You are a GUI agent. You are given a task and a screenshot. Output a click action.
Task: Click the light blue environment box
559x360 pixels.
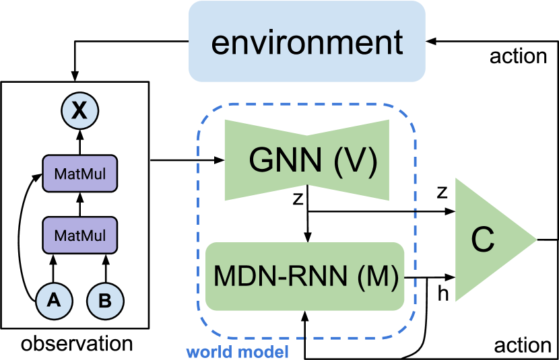pyautogui.click(x=306, y=42)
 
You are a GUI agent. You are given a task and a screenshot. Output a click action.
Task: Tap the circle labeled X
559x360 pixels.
pyautogui.click(x=79, y=110)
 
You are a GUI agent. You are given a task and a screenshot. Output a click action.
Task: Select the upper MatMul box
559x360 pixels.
pyautogui.click(x=79, y=175)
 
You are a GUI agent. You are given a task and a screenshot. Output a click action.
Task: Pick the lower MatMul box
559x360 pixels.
pyautogui.click(x=79, y=236)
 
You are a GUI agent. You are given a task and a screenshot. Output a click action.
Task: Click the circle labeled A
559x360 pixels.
pyautogui.click(x=54, y=300)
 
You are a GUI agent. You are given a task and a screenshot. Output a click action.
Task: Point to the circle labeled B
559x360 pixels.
pyautogui.click(x=105, y=301)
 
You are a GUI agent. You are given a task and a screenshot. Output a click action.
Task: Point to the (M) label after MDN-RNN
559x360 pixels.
pyautogui.click(x=377, y=276)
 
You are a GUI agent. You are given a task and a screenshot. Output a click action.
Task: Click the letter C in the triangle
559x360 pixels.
pyautogui.click(x=482, y=240)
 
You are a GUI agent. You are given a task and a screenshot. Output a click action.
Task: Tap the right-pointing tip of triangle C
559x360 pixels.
pyautogui.click(x=535, y=240)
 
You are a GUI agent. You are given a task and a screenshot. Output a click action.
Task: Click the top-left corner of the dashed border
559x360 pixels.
pyautogui.click(x=202, y=110)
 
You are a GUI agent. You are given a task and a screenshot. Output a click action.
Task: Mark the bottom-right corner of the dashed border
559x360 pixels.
pyautogui.click(x=412, y=332)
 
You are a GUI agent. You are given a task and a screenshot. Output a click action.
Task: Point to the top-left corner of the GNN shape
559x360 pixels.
pyautogui.click(x=225, y=120)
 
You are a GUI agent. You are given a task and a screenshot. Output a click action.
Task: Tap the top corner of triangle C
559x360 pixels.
pyautogui.click(x=457, y=178)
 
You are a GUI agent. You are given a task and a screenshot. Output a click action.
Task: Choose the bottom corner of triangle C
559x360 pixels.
pyautogui.click(x=457, y=301)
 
